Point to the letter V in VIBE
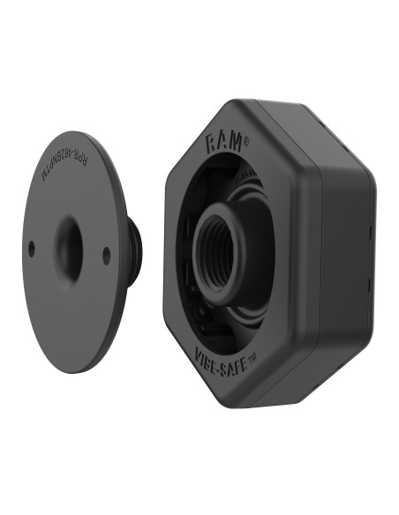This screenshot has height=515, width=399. coord(197,355)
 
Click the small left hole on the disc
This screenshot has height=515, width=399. coord(31,247)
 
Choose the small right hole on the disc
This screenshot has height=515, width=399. coord(107,255)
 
